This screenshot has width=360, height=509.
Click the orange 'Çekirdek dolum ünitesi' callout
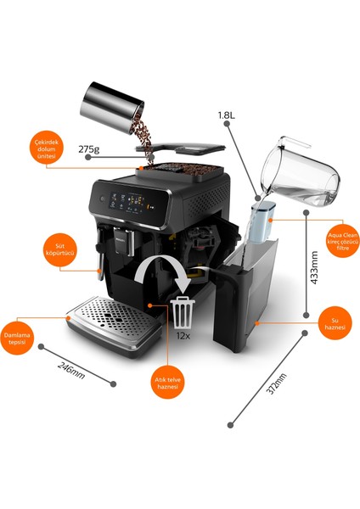point(47,148)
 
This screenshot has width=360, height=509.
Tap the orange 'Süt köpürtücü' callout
point(60,249)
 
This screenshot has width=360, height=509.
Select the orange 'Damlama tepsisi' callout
point(17,338)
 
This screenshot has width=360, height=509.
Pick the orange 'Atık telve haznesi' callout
point(167,382)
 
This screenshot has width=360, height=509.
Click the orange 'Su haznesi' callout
point(335,323)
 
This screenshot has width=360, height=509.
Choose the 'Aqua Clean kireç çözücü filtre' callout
point(343,241)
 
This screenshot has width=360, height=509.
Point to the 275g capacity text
point(88,149)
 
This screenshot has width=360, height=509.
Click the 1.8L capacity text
point(226,115)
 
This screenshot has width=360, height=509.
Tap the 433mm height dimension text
point(314,267)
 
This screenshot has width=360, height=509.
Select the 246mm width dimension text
point(71,371)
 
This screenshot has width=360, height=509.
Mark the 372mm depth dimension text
point(276,383)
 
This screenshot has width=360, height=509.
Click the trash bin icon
point(183,312)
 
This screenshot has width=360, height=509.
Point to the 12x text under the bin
point(183,336)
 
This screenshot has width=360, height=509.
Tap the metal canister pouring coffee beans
point(112,108)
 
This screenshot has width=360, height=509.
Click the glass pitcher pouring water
point(300,171)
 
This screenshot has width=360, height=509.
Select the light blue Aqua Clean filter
point(262,222)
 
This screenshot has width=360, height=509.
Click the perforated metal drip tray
point(115,326)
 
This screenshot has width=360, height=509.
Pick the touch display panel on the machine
point(130,202)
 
